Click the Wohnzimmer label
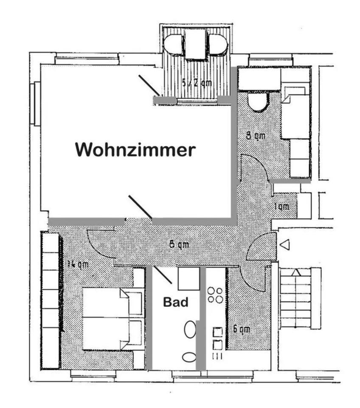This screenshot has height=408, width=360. point(135,150)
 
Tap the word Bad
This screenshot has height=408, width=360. point(176,302)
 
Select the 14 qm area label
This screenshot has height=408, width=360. point(78,264)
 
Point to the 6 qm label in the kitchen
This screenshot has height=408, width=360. point(241,329)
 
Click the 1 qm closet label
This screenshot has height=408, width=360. point(281,207)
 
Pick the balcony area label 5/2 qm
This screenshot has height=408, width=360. point(196,83)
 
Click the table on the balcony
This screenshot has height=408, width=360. point(195,44)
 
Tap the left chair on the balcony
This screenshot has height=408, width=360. point(174,44)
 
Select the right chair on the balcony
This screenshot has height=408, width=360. point(218,44)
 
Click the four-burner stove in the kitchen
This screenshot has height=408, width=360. point(215,295)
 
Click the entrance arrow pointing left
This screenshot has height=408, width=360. point(285,245)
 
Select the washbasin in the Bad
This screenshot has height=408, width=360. point(190,329)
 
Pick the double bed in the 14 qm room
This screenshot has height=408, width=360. point(106,319)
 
